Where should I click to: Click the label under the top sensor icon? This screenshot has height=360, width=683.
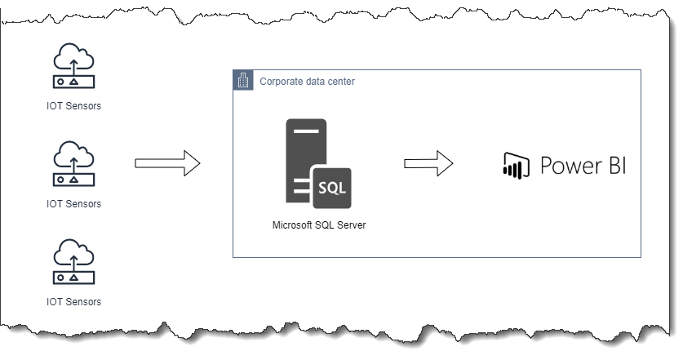[73, 106]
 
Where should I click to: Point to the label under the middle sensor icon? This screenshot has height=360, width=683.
[73, 203]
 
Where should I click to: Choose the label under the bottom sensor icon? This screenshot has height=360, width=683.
[73, 301]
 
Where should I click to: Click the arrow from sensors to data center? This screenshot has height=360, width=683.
[167, 162]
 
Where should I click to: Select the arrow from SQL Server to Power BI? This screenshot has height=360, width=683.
[428, 162]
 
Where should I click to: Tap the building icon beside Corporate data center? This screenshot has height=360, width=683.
[243, 80]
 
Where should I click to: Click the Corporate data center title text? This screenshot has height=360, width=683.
[307, 82]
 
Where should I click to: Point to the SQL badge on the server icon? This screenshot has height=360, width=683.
[330, 186]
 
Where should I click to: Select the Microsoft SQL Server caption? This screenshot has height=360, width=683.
[318, 225]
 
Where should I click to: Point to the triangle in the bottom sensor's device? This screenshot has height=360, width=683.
[73, 278]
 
